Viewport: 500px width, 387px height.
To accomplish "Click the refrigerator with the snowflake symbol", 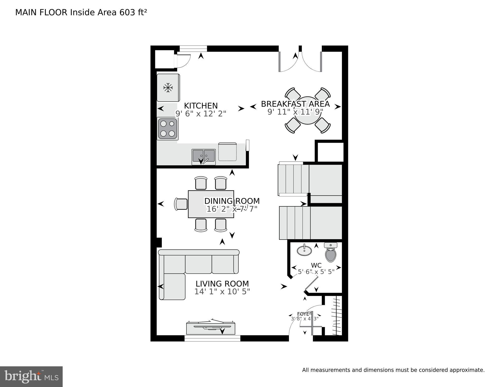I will [x=168, y=88].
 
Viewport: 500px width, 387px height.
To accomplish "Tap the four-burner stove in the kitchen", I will [x=168, y=129].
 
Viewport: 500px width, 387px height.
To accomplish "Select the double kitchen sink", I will [x=204, y=156].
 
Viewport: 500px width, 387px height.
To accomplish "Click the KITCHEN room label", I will [x=201, y=106].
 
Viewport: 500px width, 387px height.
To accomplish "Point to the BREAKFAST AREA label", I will [x=295, y=104].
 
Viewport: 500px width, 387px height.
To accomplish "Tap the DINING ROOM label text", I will [x=232, y=201].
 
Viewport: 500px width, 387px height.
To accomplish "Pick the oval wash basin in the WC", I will [x=304, y=251].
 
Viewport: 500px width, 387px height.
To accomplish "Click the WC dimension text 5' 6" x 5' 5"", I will [x=316, y=272].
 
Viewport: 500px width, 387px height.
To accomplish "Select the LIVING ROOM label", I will [x=222, y=284].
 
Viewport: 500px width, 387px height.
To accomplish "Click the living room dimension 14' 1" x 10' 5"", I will [x=222, y=292].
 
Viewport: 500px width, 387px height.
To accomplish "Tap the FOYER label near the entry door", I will [x=304, y=314].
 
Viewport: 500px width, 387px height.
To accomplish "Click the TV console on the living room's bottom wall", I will [x=211, y=328].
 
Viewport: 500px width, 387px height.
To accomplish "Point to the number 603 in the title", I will [x=127, y=12].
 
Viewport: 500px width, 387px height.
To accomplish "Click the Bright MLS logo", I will [x=31, y=377].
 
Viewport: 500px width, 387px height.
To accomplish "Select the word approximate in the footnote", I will [x=467, y=370].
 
